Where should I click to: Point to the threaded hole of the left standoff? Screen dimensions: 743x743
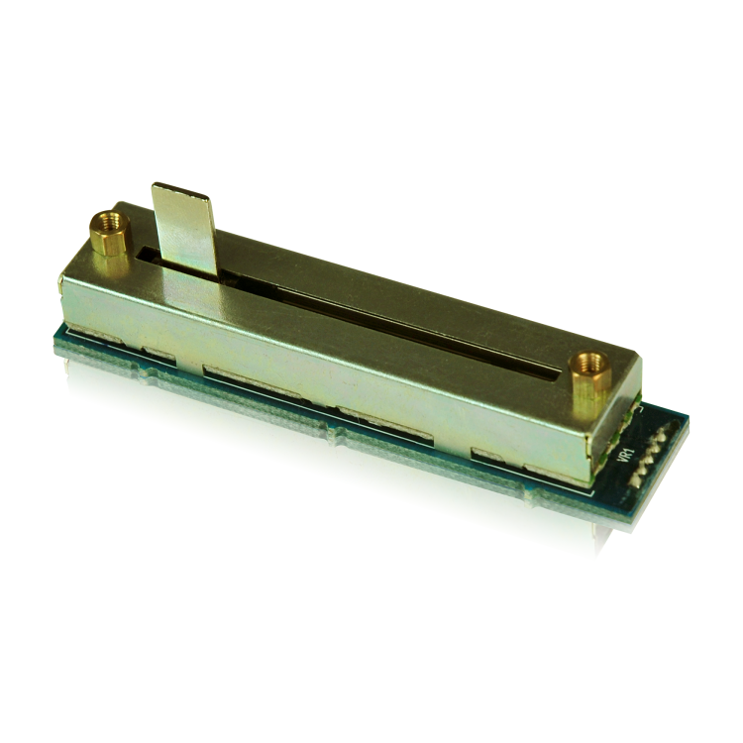[x=110, y=221]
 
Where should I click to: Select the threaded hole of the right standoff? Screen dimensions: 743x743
[x=590, y=362]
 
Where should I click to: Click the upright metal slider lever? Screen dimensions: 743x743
[x=185, y=231]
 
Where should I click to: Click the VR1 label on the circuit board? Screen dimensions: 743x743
[x=626, y=456]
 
